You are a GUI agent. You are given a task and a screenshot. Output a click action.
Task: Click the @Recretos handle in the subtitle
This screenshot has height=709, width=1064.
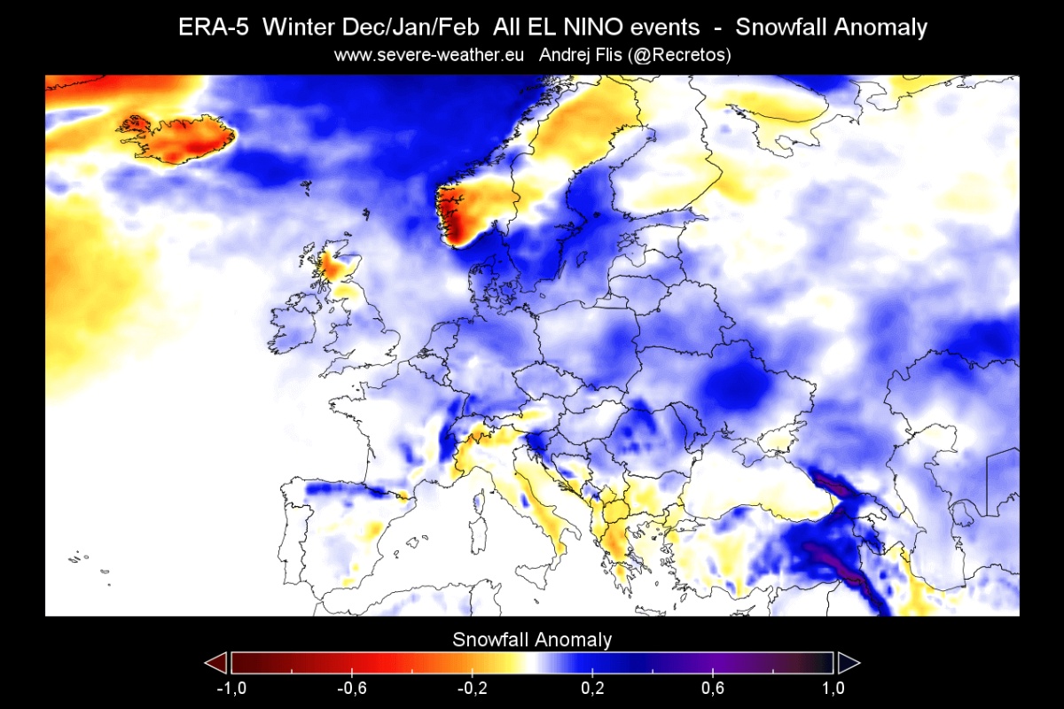point(681,55)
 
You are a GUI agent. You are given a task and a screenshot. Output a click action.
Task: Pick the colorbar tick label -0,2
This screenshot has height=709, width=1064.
point(472,689)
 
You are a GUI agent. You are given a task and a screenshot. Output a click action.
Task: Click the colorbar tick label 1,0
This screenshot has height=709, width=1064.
point(833,689)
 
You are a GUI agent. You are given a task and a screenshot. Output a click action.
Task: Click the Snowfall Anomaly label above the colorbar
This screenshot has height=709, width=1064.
point(532,639)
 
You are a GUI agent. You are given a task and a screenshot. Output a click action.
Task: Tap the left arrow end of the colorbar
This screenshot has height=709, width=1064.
point(215,663)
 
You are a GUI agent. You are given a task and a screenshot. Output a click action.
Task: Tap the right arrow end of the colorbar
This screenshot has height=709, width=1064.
point(849,663)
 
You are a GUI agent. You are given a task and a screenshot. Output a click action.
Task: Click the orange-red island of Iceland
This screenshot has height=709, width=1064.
point(177,137)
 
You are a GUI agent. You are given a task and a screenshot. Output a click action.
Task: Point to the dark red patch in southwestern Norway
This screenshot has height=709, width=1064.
point(457,217)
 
